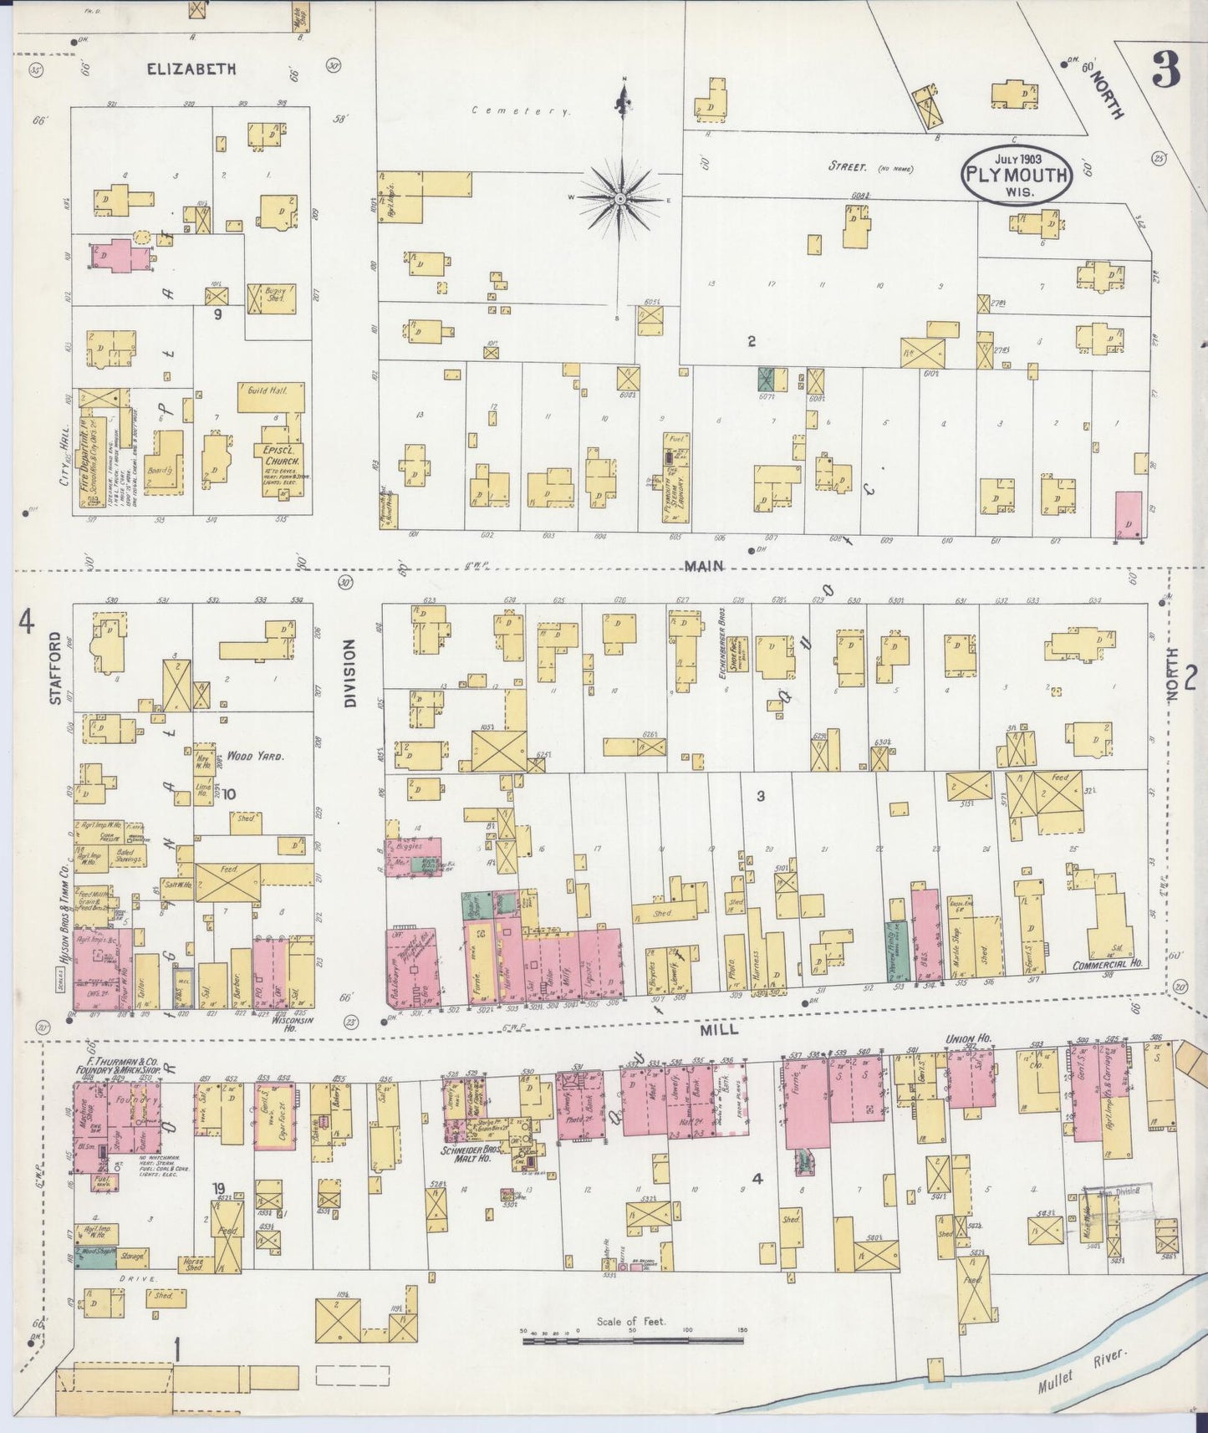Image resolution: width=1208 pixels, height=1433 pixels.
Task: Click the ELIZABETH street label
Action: (x=191, y=70)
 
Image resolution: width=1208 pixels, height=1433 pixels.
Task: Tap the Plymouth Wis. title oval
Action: (x=1016, y=175)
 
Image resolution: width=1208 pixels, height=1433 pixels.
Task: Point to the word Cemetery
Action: (x=521, y=110)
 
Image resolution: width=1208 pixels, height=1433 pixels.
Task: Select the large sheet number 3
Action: (x=1165, y=70)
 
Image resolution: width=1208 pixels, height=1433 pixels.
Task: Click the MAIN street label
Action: (x=703, y=566)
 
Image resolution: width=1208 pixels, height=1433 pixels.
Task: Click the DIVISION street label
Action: (x=349, y=674)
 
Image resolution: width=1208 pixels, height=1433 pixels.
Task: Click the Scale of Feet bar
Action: (x=633, y=1340)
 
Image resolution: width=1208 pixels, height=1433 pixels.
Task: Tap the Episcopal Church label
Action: (x=276, y=455)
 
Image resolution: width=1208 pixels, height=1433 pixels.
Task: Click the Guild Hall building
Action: (x=269, y=397)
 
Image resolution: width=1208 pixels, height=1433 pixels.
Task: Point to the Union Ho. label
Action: (x=967, y=1038)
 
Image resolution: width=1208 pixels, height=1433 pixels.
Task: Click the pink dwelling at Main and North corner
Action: (x=1129, y=514)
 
